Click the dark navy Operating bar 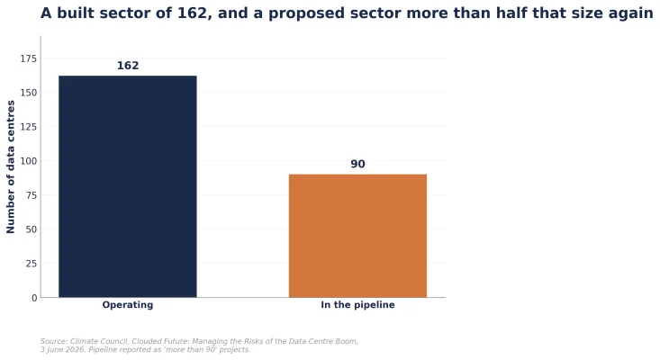point(128,186)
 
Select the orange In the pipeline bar point(357,236)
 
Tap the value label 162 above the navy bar point(128,66)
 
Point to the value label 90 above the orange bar point(357,164)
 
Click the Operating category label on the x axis point(128,305)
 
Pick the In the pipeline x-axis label point(357,305)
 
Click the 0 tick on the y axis point(34,298)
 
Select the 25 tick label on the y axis point(32,264)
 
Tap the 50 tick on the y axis point(32,229)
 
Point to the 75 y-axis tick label point(32,195)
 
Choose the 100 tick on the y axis point(29,161)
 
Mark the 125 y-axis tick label point(29,127)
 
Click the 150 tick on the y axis point(29,93)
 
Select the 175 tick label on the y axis point(29,58)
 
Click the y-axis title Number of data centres point(11,166)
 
